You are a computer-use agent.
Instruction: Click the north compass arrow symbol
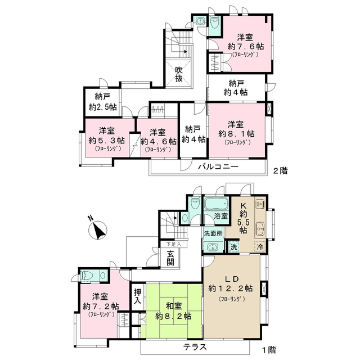coord(99,231)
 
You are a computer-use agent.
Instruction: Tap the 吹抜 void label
coord(179,74)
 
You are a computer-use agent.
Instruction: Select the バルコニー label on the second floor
coord(218,166)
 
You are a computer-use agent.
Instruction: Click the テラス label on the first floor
coord(195,347)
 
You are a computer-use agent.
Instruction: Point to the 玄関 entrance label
coord(170,258)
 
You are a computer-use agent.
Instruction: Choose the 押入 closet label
coord(138,296)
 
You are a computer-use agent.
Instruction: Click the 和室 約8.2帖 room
coord(174,311)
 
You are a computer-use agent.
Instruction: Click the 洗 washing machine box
coord(233,247)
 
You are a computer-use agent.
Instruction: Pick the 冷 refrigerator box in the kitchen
coord(260,247)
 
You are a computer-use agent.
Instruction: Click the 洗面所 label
coord(213,233)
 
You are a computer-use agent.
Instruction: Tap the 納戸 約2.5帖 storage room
coord(102,102)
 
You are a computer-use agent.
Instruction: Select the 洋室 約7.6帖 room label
coord(245,45)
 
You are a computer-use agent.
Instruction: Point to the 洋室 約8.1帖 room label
coord(236,133)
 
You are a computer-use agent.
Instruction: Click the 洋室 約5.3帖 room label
coord(107,139)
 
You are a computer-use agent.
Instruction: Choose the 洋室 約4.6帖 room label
coord(158,140)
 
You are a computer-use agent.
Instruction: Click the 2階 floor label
coord(280,171)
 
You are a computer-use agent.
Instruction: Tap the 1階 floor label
coord(269,350)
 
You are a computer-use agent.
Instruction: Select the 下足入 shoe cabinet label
coord(174,244)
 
